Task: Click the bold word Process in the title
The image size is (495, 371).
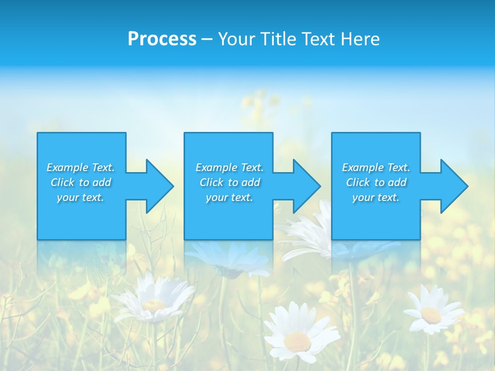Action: [x=162, y=39]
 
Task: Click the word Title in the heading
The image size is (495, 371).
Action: [x=278, y=39]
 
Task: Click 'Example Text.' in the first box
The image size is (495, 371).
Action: [x=80, y=167]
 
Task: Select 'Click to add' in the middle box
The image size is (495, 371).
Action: [x=229, y=182]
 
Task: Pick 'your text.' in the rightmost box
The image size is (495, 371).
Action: [x=375, y=197]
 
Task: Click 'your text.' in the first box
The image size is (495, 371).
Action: [x=80, y=197]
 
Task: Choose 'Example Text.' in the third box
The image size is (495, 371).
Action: [x=375, y=167]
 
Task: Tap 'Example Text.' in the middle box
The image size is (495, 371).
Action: [x=229, y=167]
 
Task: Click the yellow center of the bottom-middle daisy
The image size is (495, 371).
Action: [x=298, y=341]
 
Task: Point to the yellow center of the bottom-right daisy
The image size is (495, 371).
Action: [x=431, y=314]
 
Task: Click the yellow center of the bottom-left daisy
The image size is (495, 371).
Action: [x=154, y=305]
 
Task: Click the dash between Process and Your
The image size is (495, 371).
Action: [x=207, y=39]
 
